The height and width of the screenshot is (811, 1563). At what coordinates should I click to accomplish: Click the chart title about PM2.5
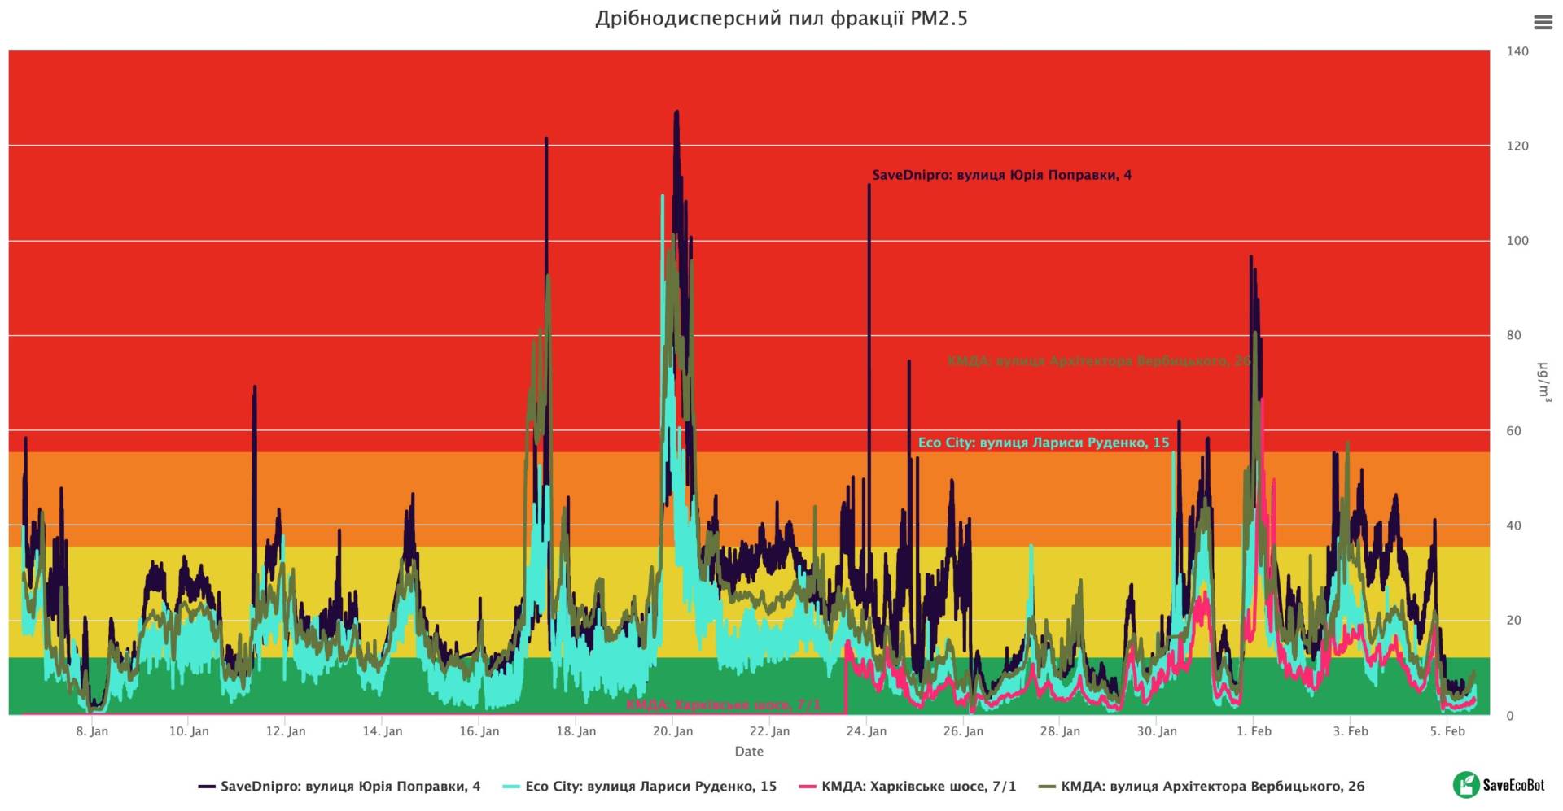pos(781,19)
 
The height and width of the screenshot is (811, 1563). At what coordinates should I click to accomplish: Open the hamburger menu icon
pos(1543,23)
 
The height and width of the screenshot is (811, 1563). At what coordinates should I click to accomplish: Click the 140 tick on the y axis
pos(1517,51)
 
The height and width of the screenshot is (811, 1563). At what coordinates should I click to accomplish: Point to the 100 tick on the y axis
pos(1517,241)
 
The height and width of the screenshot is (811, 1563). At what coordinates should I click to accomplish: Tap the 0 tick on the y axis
pos(1510,716)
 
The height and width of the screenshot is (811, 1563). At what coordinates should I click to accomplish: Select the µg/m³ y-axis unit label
pos(1543,382)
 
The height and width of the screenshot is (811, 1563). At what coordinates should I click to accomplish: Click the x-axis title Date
pos(749,752)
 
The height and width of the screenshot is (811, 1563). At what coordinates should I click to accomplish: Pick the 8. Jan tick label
pos(92,731)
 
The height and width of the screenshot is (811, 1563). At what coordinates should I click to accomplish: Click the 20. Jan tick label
pos(673,731)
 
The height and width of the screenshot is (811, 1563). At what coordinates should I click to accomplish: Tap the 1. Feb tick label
pos(1254,731)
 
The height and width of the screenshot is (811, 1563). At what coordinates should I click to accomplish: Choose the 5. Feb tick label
pos(1447,731)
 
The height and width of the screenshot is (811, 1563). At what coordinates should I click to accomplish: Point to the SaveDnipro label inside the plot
pos(1001,175)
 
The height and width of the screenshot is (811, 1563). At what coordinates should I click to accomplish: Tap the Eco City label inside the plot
pos(1044,443)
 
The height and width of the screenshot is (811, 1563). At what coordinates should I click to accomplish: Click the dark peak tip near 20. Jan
pos(676,112)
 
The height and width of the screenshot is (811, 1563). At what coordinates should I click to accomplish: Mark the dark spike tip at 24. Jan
pos(869,185)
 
